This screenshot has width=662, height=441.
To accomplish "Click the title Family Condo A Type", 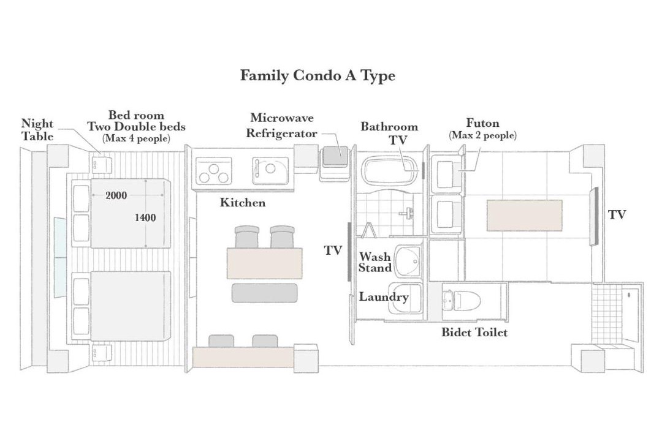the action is pos(318,76).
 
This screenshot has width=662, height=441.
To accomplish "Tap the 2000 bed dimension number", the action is pos(116,195).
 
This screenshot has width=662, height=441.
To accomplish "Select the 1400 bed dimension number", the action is pos(145,218).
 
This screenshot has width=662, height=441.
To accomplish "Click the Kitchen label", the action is pos(243,203).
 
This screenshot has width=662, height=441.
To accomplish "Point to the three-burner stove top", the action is pos(214,171).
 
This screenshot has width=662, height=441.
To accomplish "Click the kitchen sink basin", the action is pos(270,170).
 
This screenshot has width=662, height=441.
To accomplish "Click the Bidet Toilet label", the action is pos(474,333).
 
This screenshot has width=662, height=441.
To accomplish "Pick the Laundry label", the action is pos(383,297).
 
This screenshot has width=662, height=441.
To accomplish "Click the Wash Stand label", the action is pos(375,262).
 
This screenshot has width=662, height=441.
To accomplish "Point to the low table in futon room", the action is pos(524,215).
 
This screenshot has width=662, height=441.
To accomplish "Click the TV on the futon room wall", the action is pos(593,216).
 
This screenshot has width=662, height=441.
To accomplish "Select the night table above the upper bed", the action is pos(101,164).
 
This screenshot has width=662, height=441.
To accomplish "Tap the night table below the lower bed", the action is pos(101,353).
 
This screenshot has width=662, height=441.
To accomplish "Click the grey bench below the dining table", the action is pos(265,293).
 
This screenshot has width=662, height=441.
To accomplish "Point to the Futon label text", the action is pos(482,123).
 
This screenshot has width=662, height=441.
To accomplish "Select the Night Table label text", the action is pos(37,130).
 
